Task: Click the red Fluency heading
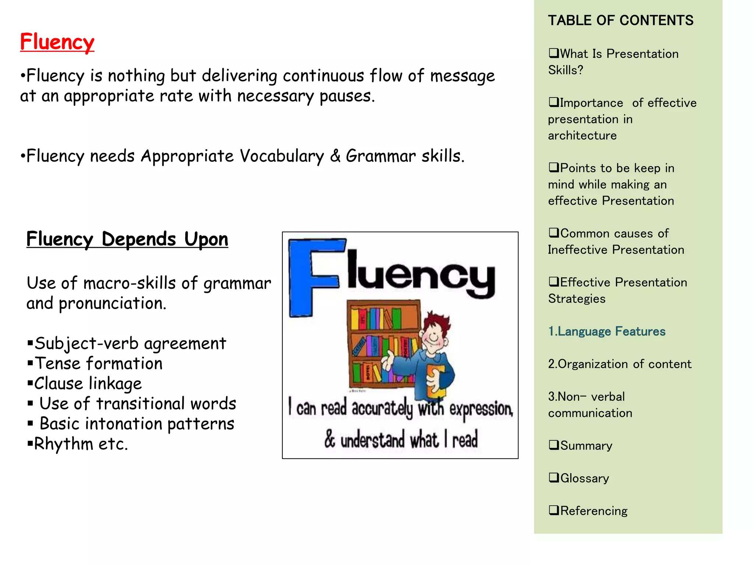[x=57, y=42]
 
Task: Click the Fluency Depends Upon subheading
[x=127, y=239]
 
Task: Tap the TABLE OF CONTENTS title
[x=620, y=21]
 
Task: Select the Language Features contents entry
[x=607, y=331]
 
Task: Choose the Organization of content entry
[x=620, y=364]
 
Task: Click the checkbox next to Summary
[x=553, y=445]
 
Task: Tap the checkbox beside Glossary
[x=553, y=477]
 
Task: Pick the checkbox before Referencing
[x=553, y=510]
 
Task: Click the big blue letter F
[x=313, y=276]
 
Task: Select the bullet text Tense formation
[x=98, y=363]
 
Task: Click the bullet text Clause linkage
[x=88, y=384]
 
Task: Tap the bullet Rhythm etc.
[x=81, y=444]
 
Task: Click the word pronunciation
[x=112, y=303]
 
